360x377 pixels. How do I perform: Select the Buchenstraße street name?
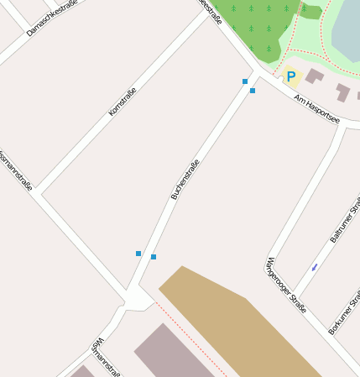point(185,179)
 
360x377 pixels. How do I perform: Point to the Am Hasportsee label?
point(316,108)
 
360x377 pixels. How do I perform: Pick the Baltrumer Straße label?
point(344,220)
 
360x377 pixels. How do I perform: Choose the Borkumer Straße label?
point(344,312)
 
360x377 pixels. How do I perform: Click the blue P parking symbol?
point(291,77)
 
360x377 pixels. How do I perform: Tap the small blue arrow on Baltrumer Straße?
point(315,267)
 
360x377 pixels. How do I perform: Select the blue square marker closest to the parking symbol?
point(253,90)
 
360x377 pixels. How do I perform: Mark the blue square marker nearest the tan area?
point(154,257)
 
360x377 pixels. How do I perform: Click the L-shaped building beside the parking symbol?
point(314,76)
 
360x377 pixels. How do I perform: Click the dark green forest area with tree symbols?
point(256,25)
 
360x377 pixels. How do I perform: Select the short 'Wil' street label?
point(97,345)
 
